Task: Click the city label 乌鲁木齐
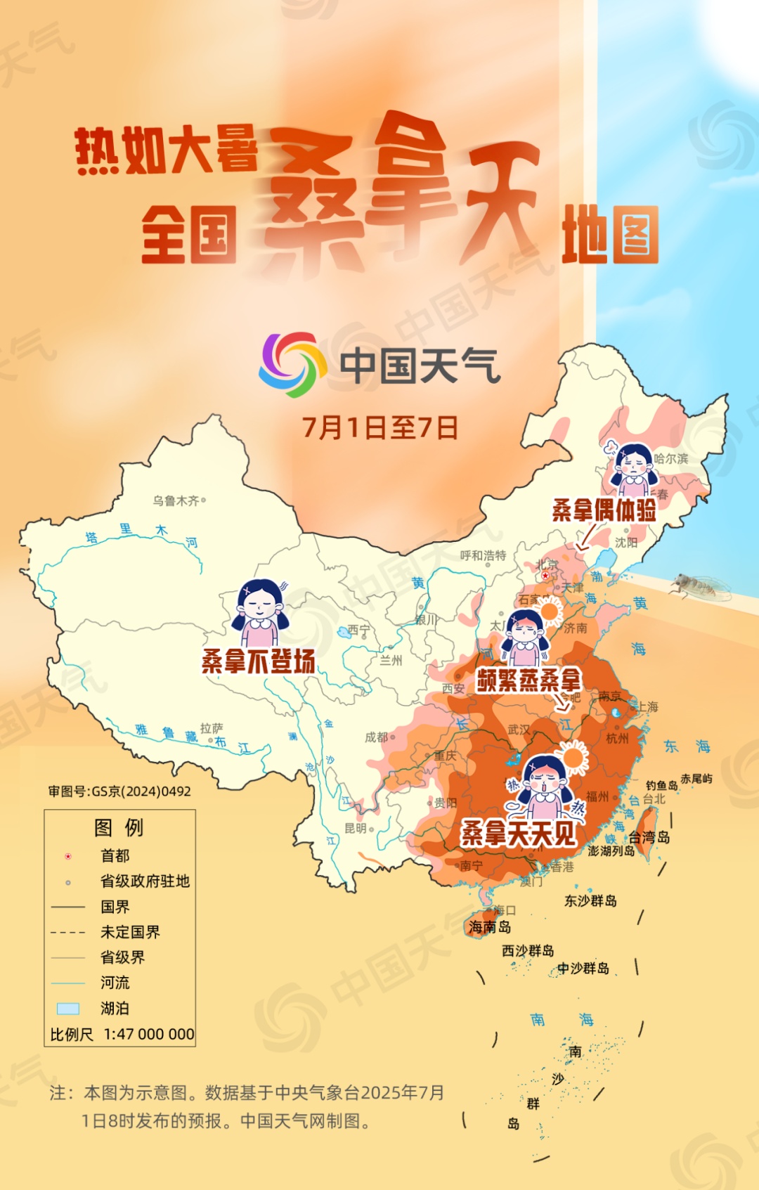tap(176, 500)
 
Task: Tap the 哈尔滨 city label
tap(671, 458)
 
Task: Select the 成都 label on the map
tap(377, 737)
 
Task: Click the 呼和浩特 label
tap(483, 555)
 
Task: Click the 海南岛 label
tap(490, 927)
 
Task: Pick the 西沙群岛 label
tap(528, 951)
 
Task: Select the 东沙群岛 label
tap(590, 900)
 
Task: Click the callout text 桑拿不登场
tap(258, 661)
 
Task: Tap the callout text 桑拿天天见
tap(519, 834)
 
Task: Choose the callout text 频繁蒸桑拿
tap(528, 680)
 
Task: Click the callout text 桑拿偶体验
tap(604, 510)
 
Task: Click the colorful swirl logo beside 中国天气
tap(293, 365)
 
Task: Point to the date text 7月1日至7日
tap(379, 427)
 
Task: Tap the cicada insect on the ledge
tap(695, 586)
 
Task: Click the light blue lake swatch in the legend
tap(68, 1009)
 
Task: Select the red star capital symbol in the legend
tap(68, 856)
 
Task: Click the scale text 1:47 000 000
tap(149, 1034)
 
